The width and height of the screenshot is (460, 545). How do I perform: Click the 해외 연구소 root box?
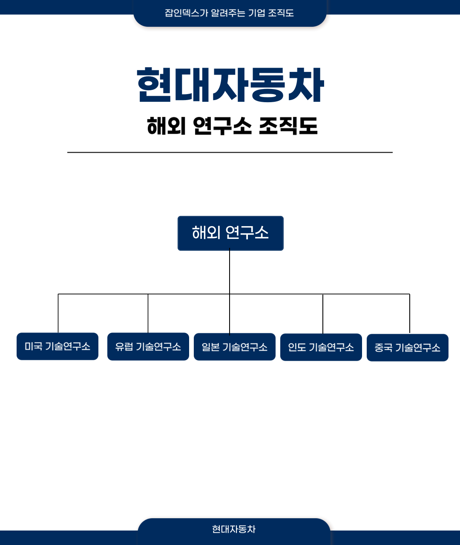pyautogui.click(x=230, y=233)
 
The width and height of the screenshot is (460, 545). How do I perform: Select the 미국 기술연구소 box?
pyautogui.click(x=57, y=346)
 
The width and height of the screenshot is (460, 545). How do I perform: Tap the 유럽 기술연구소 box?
pyautogui.click(x=148, y=347)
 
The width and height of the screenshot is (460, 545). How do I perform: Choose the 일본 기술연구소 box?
pyautogui.click(x=235, y=347)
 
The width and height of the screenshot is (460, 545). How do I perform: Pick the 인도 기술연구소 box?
pyautogui.click(x=321, y=347)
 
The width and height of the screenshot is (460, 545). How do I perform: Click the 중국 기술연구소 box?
pyautogui.click(x=408, y=348)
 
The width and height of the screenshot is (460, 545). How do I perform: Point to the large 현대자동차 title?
pyautogui.click(x=230, y=85)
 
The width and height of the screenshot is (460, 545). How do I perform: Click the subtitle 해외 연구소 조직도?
pyautogui.click(x=232, y=126)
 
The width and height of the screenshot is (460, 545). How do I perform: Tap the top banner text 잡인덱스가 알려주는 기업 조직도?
pyautogui.click(x=230, y=13)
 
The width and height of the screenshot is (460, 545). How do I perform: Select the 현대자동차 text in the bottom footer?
pyautogui.click(x=234, y=529)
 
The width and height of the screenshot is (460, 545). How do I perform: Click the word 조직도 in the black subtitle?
pyautogui.click(x=288, y=126)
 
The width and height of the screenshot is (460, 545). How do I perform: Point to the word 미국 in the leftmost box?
pyautogui.click(x=33, y=346)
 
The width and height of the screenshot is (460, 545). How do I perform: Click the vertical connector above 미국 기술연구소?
pyautogui.click(x=58, y=313)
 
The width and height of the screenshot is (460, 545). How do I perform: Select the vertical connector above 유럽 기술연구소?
pyautogui.click(x=148, y=313)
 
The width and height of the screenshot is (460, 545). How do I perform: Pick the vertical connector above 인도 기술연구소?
pyautogui.click(x=323, y=314)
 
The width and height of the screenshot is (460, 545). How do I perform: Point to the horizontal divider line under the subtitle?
pyautogui.click(x=230, y=152)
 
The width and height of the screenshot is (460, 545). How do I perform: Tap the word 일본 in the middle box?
pyautogui.click(x=210, y=347)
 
